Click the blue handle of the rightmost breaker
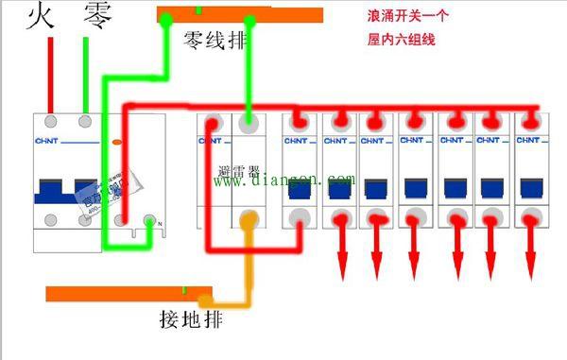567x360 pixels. [x=529, y=186]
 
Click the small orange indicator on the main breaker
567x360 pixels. [x=116, y=142]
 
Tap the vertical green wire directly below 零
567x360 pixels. [x=87, y=76]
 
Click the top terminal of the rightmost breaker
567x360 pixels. [x=530, y=122]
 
